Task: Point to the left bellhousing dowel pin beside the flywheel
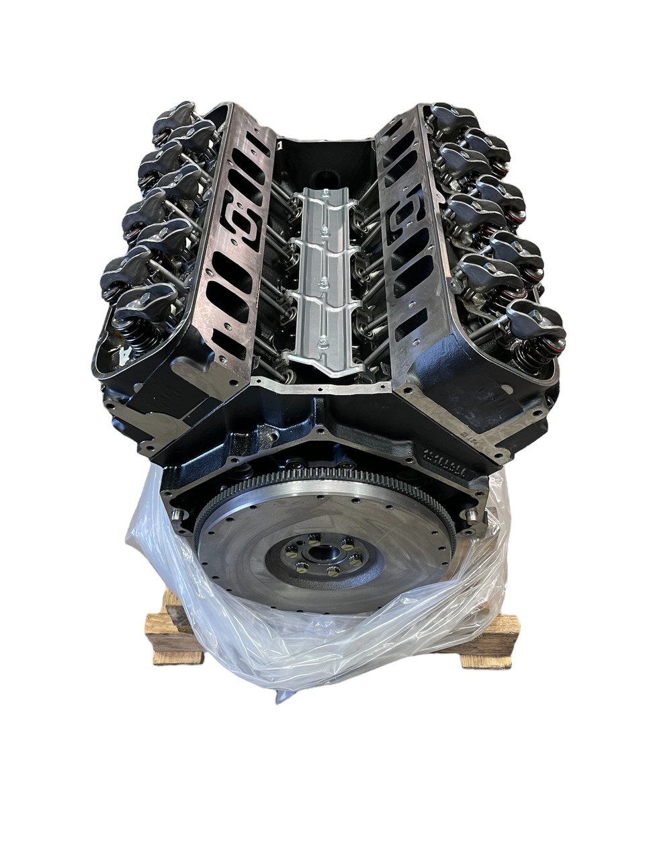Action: tap(177, 515)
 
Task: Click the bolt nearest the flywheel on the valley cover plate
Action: tap(325, 343)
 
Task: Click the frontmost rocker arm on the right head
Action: tap(534, 316)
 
